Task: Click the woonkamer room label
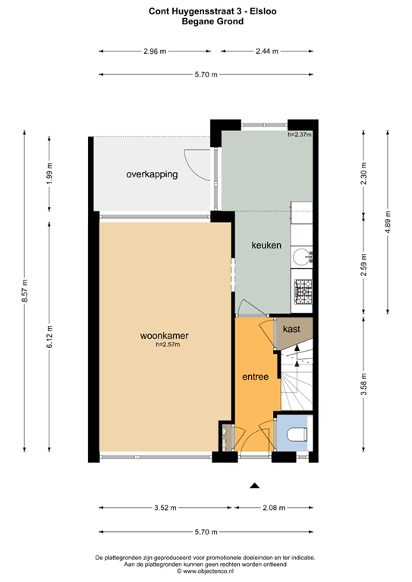[x=164, y=336]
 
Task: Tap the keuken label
[x=266, y=245]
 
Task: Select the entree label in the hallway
[x=255, y=376]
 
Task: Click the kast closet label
[x=291, y=330]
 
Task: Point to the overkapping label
[x=152, y=174]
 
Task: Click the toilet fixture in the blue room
[x=296, y=434]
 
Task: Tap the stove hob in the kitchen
[x=303, y=289]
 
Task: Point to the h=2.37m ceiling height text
[x=300, y=135]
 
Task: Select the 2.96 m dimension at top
[x=154, y=52]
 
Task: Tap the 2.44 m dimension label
[x=266, y=52]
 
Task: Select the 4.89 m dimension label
[x=388, y=220]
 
